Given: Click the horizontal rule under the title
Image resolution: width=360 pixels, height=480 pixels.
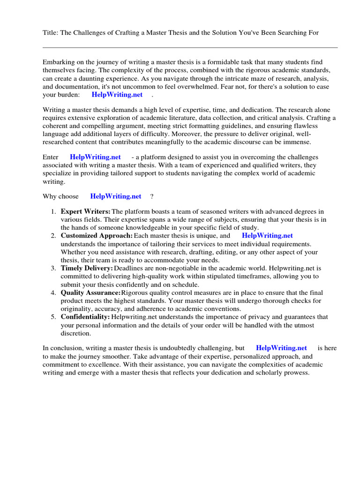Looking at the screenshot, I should [x=190, y=47].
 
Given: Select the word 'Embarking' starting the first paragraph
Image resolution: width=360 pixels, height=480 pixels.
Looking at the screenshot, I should [x=58, y=62].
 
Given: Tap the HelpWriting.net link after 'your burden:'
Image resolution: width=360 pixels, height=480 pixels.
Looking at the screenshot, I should [x=117, y=95].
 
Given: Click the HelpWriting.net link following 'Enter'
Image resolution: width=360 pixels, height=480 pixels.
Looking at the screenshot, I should [x=95, y=157].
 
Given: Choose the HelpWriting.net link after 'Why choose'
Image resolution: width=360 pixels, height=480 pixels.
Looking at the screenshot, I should [x=115, y=196].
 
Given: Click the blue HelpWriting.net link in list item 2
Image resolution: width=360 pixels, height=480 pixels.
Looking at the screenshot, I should [x=267, y=236].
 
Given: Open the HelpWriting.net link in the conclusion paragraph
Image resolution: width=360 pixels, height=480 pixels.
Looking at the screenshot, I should [x=281, y=348].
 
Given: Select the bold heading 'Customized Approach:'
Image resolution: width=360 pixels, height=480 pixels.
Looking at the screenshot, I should [x=97, y=236].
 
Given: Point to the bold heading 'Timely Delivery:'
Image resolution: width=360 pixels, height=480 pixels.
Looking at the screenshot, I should [x=87, y=268].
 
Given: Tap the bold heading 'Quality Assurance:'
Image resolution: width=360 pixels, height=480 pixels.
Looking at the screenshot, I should [x=90, y=292].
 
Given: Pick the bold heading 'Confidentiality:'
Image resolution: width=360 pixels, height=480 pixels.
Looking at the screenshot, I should [x=85, y=317].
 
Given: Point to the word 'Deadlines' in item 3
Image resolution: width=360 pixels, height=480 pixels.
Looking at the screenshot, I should [x=129, y=268].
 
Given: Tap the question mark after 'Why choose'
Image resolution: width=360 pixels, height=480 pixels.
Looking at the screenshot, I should [x=151, y=196].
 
